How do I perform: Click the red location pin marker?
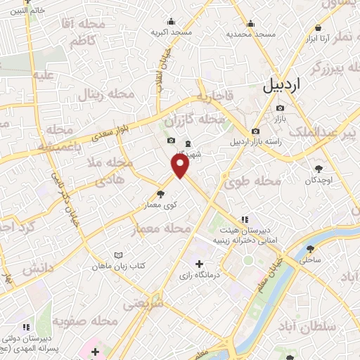(181, 166)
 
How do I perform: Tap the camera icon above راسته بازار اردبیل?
(255, 131)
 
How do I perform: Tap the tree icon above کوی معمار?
(161, 193)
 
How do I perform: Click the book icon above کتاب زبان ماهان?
(118, 255)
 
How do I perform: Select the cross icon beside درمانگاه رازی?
(200, 264)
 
